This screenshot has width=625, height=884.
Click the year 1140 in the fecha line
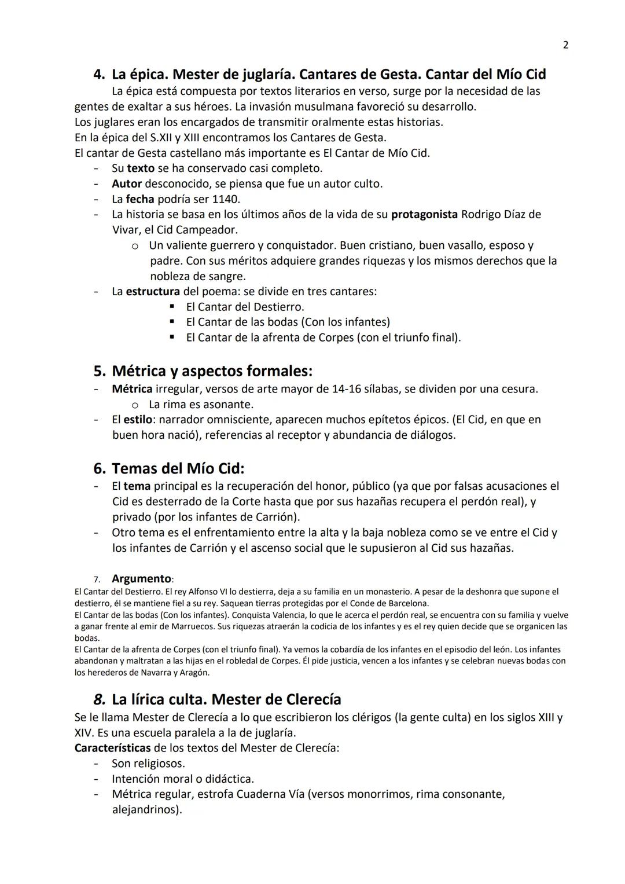click(225, 199)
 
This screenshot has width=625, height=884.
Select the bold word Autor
click(127, 184)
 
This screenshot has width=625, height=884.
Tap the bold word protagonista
click(424, 214)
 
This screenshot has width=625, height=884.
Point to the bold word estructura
click(152, 291)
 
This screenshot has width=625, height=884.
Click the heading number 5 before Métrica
click(100, 371)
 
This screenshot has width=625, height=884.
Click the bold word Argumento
click(141, 579)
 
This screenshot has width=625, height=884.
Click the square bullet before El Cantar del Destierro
click(172, 307)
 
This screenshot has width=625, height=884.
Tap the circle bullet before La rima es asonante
click(134, 405)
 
